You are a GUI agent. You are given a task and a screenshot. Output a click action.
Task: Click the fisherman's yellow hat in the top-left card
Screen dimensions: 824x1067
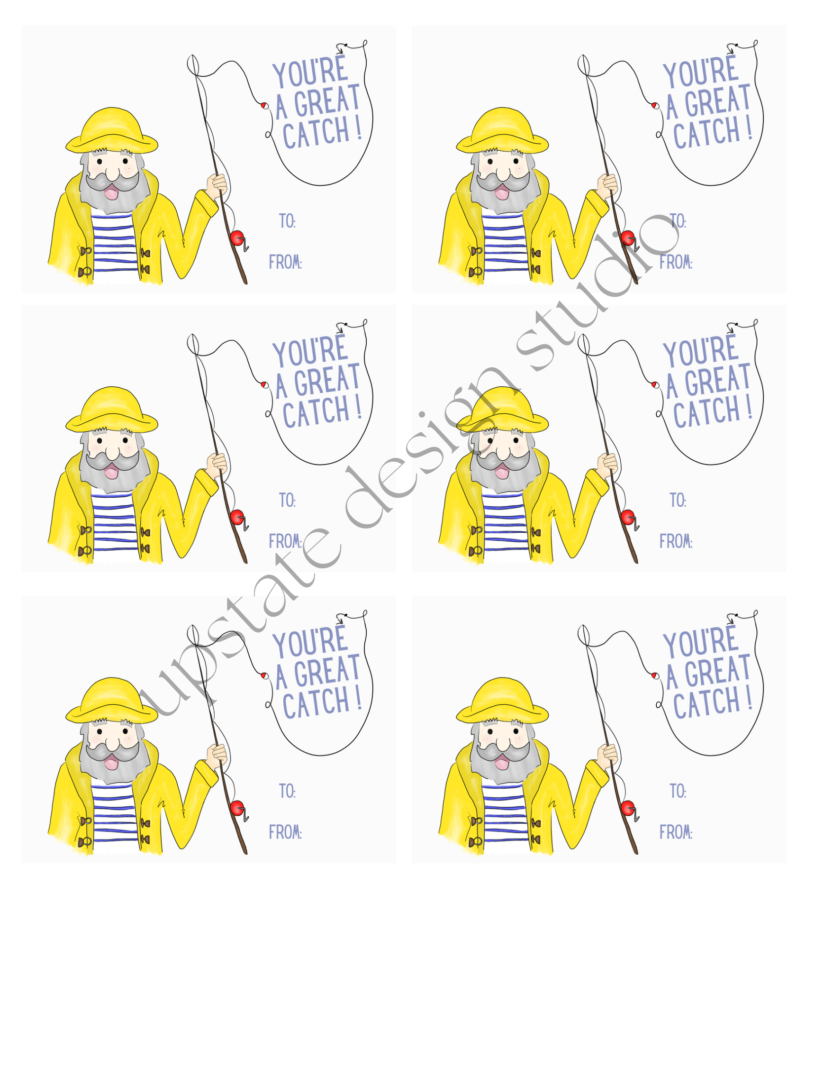pyautogui.click(x=112, y=130)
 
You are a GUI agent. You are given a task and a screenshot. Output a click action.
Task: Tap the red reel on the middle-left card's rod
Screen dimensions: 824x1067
pyautogui.click(x=237, y=517)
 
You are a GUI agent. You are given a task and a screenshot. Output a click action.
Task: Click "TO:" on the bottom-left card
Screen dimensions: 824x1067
pyautogui.click(x=287, y=791)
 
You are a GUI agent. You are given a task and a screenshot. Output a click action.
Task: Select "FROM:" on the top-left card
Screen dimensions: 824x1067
pyautogui.click(x=285, y=262)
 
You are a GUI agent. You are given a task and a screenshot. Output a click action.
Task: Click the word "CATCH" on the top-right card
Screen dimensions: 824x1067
pyautogui.click(x=706, y=132)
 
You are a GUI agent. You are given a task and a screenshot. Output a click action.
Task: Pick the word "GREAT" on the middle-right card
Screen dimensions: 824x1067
pyautogui.click(x=717, y=380)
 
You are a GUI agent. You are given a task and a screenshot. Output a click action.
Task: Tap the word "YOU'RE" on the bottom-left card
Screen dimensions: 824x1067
pyautogui.click(x=310, y=641)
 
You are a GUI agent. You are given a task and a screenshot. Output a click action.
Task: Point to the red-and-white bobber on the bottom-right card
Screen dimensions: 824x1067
pyautogui.click(x=654, y=675)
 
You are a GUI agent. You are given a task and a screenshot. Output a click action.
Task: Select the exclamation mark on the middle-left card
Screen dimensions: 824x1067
pyautogui.click(x=359, y=406)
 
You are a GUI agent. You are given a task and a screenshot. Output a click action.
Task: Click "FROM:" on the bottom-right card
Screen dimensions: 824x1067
pyautogui.click(x=676, y=832)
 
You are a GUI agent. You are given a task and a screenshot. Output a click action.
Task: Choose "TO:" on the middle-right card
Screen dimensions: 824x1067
pyautogui.click(x=678, y=500)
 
